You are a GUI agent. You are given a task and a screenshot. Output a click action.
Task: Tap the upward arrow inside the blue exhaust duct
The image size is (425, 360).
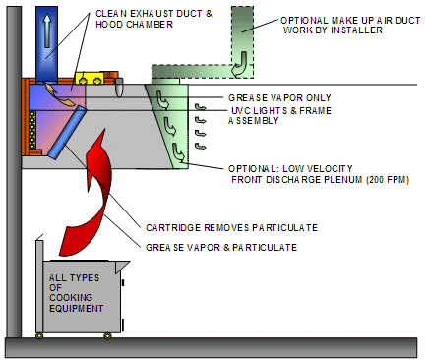tap(47, 30)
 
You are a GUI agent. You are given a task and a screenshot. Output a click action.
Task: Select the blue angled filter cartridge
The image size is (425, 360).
tap(67, 132)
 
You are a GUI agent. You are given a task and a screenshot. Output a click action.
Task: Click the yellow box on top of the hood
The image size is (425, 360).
tap(90, 78)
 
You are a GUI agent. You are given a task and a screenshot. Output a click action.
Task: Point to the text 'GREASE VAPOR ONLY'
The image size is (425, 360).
tap(279, 98)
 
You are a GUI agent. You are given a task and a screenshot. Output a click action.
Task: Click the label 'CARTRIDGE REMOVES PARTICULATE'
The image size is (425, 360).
tap(231, 228)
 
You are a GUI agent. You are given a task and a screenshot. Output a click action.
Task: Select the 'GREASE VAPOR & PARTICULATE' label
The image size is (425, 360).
tap(221, 248)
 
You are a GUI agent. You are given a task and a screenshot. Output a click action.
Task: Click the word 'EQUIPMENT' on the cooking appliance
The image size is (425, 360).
tap(77, 309)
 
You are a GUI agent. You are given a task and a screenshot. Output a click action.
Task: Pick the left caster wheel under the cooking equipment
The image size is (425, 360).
tap(39, 336)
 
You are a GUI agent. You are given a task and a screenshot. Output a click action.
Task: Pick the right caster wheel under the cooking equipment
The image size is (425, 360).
tap(107, 336)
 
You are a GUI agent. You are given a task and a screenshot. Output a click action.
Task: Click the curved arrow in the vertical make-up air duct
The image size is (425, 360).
tap(239, 63)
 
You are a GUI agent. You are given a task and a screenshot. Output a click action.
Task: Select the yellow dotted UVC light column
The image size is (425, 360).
tap(32, 130)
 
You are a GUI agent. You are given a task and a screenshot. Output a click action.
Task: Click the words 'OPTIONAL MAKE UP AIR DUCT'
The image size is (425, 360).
tap(350, 21)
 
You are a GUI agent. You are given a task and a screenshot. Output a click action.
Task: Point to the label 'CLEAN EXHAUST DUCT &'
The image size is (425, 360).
tap(153, 14)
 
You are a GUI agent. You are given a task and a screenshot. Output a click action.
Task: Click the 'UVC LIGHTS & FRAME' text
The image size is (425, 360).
tap(281, 111)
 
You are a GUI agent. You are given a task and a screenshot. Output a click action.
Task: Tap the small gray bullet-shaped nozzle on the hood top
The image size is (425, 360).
tap(119, 87)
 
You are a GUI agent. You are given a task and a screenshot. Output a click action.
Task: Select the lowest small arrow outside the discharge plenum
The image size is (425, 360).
tap(200, 146)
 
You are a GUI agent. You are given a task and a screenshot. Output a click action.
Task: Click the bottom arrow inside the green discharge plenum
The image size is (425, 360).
tap(178, 152)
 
